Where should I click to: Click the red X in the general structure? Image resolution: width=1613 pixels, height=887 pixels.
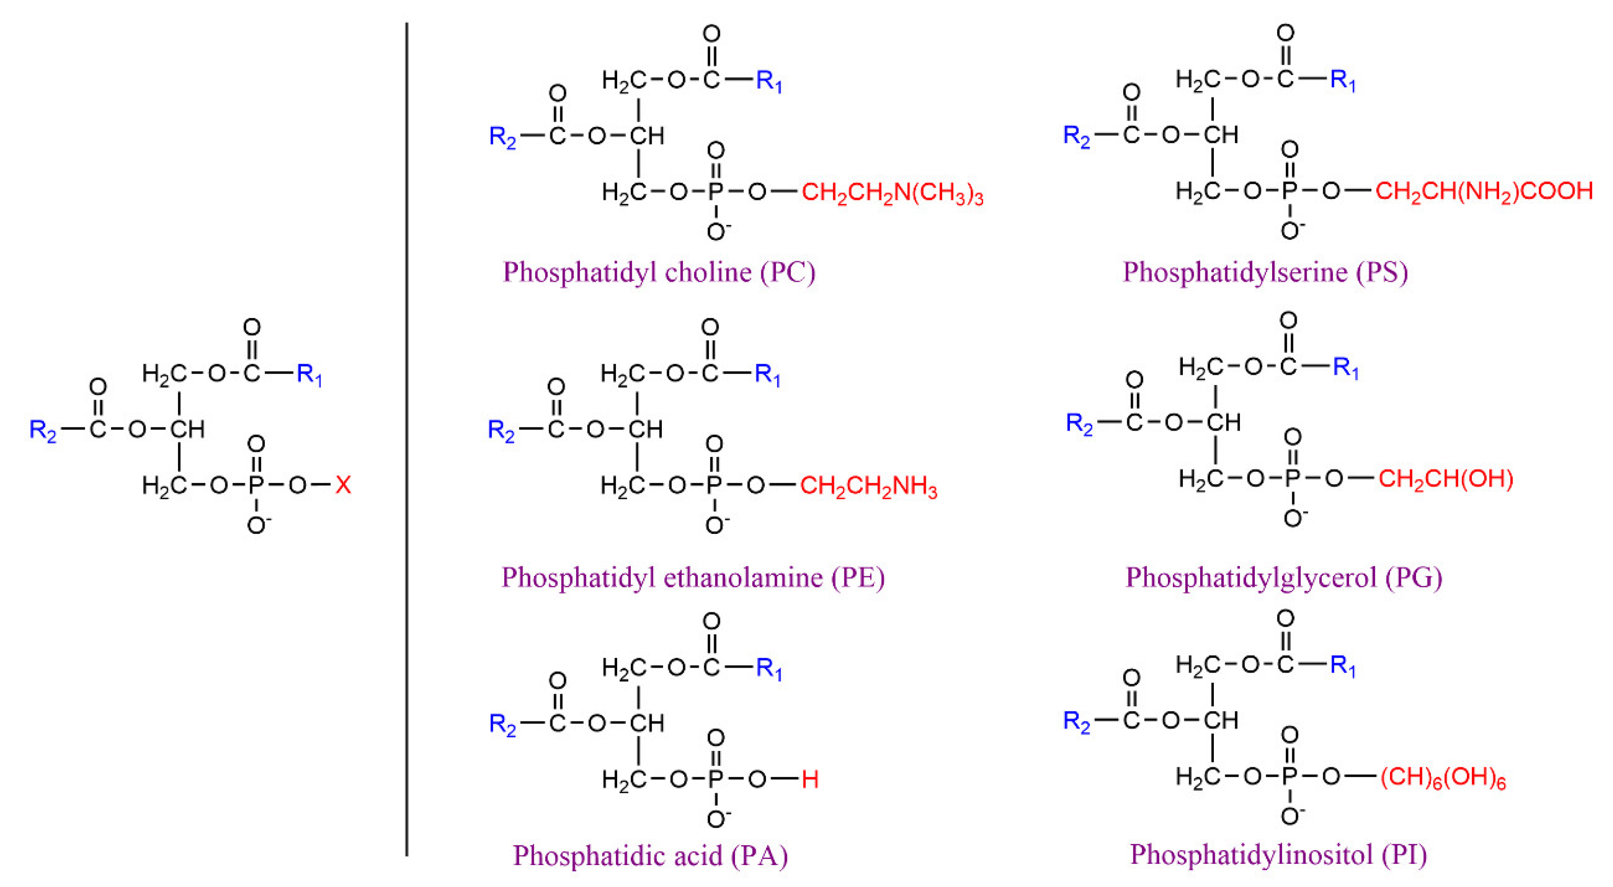pyautogui.click(x=343, y=485)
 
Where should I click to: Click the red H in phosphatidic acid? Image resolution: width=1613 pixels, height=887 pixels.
pyautogui.click(x=810, y=779)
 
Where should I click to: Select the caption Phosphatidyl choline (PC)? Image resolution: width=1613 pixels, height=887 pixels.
pyautogui.click(x=659, y=272)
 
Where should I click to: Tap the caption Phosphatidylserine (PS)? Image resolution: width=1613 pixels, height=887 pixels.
pyautogui.click(x=1265, y=272)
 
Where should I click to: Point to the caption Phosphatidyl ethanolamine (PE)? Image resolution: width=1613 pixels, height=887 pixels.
pyautogui.click(x=693, y=577)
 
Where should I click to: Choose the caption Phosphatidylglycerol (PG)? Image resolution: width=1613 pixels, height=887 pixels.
pyautogui.click(x=1283, y=577)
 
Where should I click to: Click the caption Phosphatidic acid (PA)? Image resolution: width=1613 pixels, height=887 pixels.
pyautogui.click(x=650, y=855)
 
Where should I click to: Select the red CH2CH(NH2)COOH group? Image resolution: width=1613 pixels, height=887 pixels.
pyautogui.click(x=1483, y=191)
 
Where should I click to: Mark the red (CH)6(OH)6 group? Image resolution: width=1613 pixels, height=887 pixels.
pyautogui.click(x=1443, y=778)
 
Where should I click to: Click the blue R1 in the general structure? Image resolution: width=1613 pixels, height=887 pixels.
pyautogui.click(x=309, y=375)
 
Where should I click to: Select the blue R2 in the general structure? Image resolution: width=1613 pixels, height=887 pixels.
pyautogui.click(x=43, y=431)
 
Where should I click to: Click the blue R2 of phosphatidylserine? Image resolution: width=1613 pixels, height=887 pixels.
pyautogui.click(x=1076, y=136)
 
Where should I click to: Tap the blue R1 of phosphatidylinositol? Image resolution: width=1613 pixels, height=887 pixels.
pyautogui.click(x=1343, y=665)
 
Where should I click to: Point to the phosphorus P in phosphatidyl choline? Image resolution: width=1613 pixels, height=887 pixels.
pyautogui.click(x=715, y=192)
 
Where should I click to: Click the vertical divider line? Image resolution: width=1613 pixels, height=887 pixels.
pyautogui.click(x=406, y=438)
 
